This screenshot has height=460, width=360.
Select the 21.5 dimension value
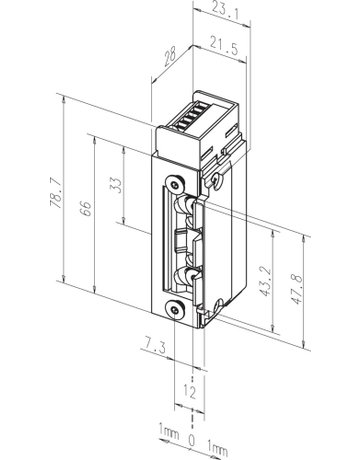click(224, 46)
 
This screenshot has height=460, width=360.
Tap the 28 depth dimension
click(170, 58)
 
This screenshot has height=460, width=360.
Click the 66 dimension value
click(86, 209)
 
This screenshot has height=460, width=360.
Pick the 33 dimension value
click(115, 186)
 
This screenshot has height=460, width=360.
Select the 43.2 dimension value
click(265, 282)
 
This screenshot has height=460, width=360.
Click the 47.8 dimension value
click(296, 289)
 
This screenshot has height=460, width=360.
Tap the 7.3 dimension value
click(155, 347)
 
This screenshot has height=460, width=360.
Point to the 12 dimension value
click(189, 391)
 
